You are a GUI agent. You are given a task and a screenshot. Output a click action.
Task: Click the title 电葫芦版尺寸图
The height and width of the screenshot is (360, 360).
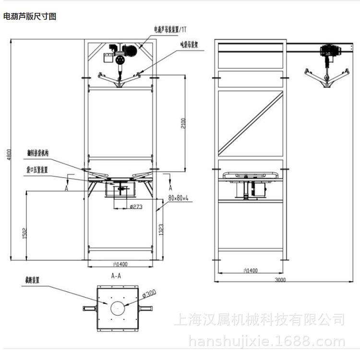tap(30, 17)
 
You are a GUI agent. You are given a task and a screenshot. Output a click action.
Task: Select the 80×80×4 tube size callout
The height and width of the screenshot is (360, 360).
tap(179, 198)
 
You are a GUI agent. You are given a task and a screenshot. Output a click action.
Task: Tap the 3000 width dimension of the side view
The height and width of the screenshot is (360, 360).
tap(280, 279)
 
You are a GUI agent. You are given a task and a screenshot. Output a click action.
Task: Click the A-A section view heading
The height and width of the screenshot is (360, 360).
tap(116, 276)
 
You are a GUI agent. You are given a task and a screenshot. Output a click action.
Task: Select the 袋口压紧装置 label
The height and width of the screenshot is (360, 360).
tap(36, 169)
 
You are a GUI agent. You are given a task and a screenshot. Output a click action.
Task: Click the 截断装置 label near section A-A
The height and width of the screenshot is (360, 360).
tap(32, 278)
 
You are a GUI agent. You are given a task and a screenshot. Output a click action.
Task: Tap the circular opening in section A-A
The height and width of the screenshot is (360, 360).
tap(117, 307)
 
